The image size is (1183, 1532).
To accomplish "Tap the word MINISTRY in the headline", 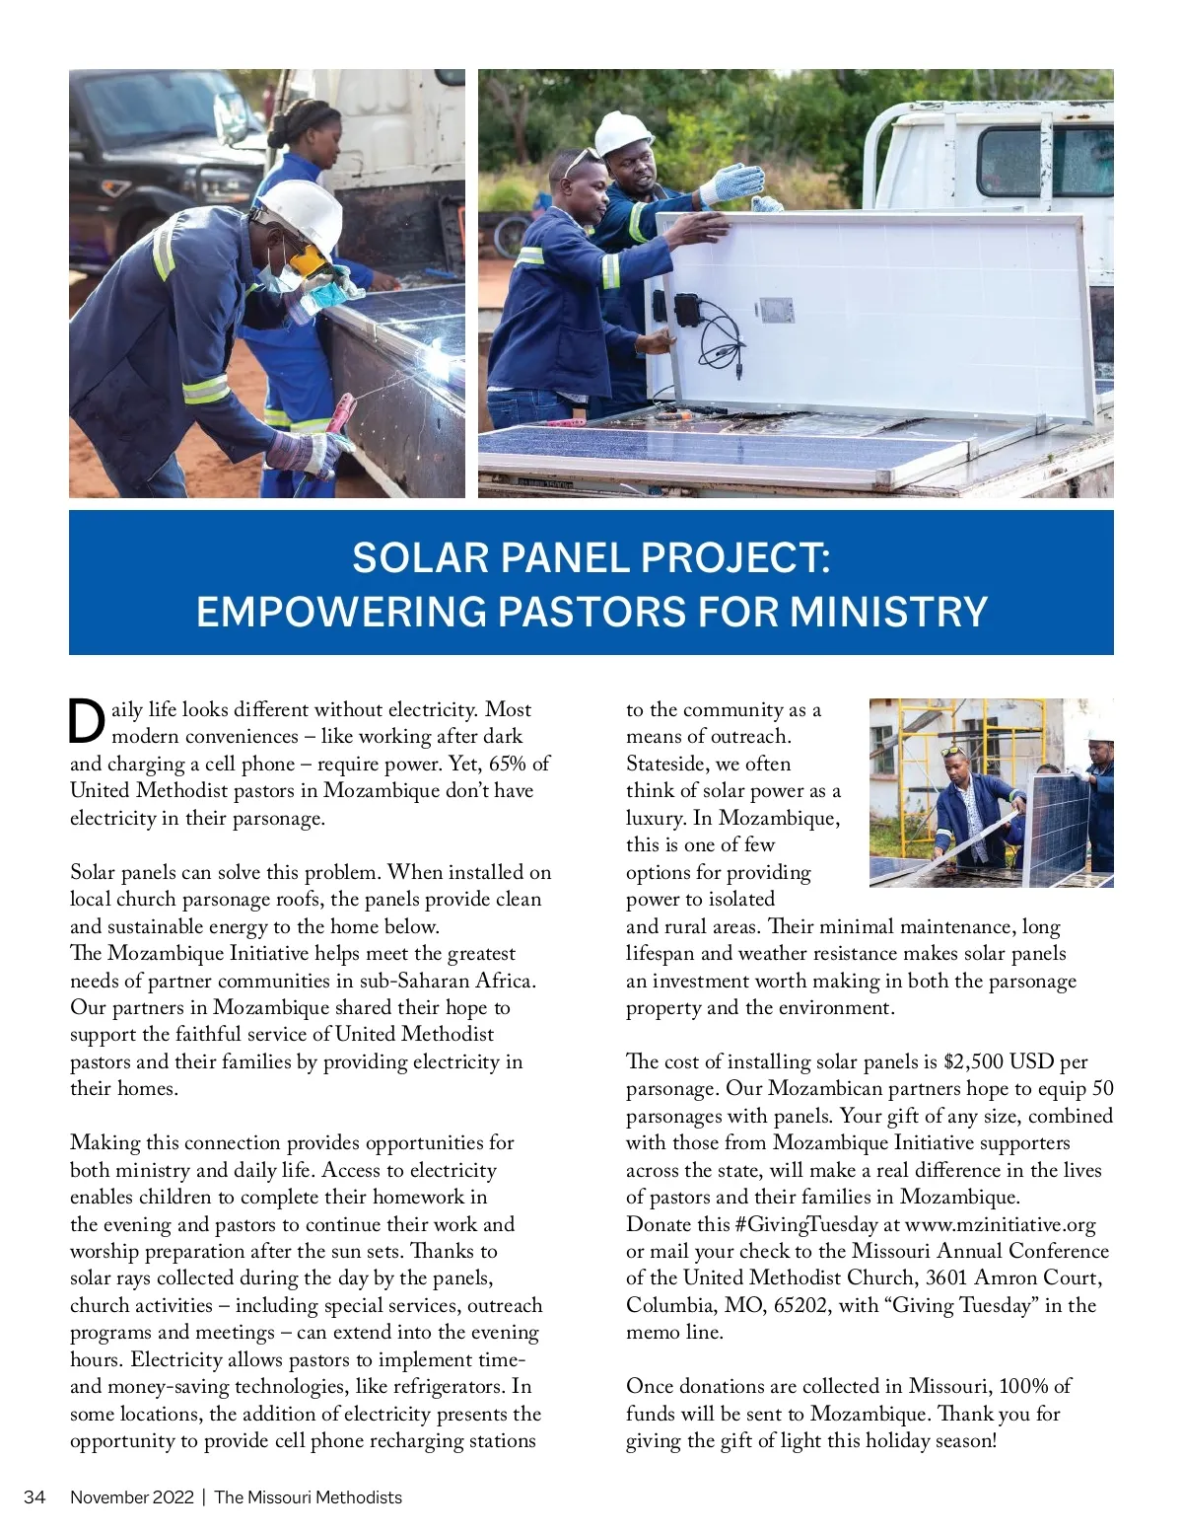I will click(888, 612).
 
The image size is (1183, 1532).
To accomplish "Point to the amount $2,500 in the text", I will click(973, 1061).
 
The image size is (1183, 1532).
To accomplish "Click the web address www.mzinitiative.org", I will click(1000, 1224).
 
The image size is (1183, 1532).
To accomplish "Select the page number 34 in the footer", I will click(35, 1496).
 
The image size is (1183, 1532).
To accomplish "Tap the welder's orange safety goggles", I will click(309, 260).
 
